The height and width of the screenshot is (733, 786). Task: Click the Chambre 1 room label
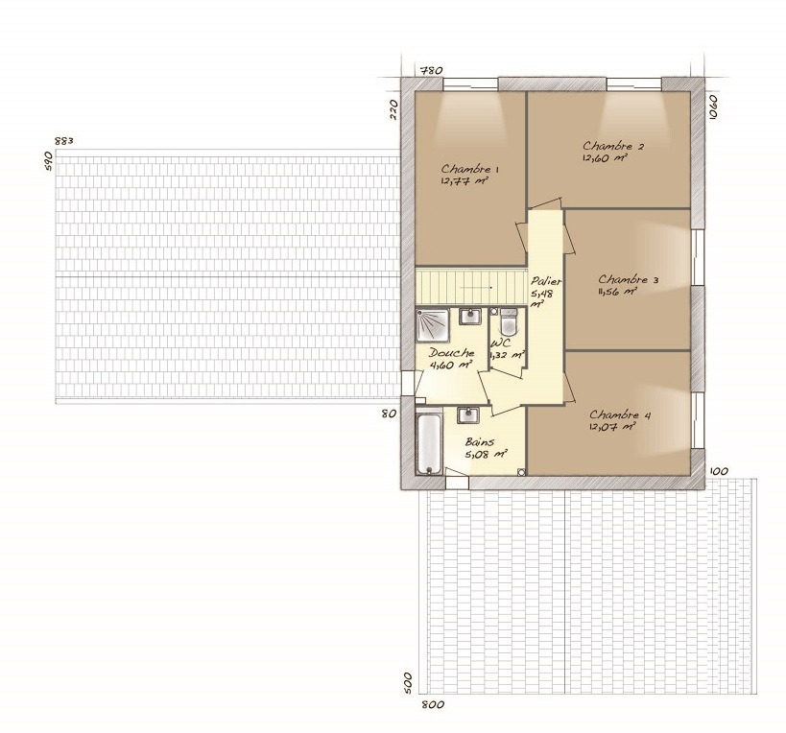pyautogui.click(x=469, y=169)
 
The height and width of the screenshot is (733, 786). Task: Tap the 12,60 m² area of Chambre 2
pyautogui.click(x=605, y=157)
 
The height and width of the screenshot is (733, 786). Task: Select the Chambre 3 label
pyautogui.click(x=628, y=279)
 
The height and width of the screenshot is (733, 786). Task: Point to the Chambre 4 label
pyautogui.click(x=620, y=414)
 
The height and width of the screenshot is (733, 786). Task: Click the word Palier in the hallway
pyautogui.click(x=546, y=281)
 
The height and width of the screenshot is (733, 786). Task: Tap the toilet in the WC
pyautogui.click(x=509, y=322)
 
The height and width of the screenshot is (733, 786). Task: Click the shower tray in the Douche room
pyautogui.click(x=432, y=325)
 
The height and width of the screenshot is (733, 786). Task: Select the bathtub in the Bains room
pyautogui.click(x=429, y=441)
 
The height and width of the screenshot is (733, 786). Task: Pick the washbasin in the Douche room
pyautogui.click(x=470, y=317)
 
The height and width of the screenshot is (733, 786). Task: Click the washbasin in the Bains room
pyautogui.click(x=468, y=415)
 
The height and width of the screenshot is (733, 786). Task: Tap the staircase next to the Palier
pyautogui.click(x=470, y=287)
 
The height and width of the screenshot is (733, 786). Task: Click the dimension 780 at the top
pyautogui.click(x=431, y=70)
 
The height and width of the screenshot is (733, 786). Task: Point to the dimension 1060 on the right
pyautogui.click(x=714, y=106)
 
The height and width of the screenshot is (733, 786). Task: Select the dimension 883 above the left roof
pyautogui.click(x=64, y=141)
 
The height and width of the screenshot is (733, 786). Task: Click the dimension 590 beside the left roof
pyautogui.click(x=48, y=161)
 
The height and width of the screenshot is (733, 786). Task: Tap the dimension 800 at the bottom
pyautogui.click(x=433, y=704)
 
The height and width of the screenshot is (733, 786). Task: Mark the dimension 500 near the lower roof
pyautogui.click(x=408, y=683)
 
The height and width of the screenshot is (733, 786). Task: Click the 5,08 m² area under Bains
pyautogui.click(x=487, y=455)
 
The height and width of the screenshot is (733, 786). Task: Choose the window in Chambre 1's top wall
pyautogui.click(x=470, y=83)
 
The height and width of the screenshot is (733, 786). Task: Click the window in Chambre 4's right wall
pyautogui.click(x=698, y=420)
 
